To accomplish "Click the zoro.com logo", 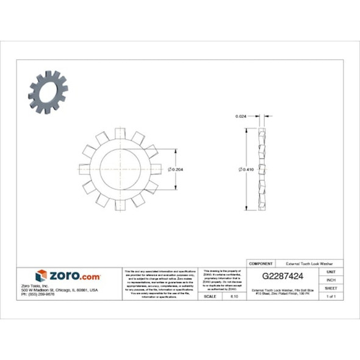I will click(67, 275).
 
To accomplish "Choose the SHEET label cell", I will click(331, 287).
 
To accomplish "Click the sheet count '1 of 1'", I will click(331, 296).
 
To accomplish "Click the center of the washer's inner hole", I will click(121, 169).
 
